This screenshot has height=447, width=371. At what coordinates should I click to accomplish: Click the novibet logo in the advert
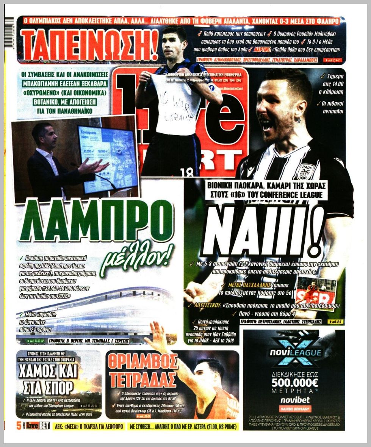[294, 400]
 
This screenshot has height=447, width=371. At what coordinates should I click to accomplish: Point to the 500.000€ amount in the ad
[294, 382]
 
